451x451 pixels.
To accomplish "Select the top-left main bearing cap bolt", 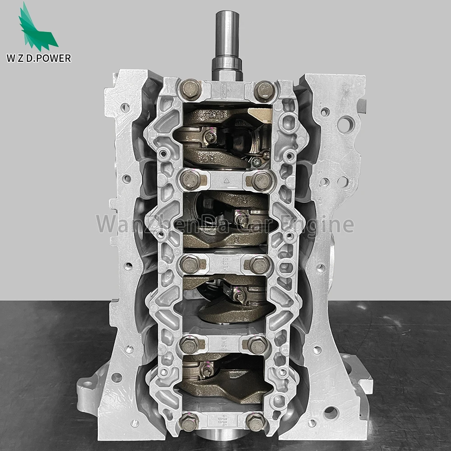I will click(x=191, y=89).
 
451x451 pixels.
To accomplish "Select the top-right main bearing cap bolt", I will click(x=264, y=91).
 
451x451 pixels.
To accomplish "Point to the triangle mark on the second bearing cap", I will click(x=226, y=179).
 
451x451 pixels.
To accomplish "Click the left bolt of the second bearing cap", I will click(x=190, y=180).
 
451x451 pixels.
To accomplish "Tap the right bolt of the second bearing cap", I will click(x=262, y=181).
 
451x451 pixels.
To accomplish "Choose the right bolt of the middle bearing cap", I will click(x=259, y=265).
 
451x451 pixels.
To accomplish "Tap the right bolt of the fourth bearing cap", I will click(x=257, y=345).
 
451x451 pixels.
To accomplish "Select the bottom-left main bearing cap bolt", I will click(x=189, y=423).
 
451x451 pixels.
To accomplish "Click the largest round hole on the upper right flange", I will click(x=346, y=124).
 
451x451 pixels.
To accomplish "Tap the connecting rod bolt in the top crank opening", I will click(x=210, y=137).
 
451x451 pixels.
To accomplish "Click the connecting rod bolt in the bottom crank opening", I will click(x=208, y=371).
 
